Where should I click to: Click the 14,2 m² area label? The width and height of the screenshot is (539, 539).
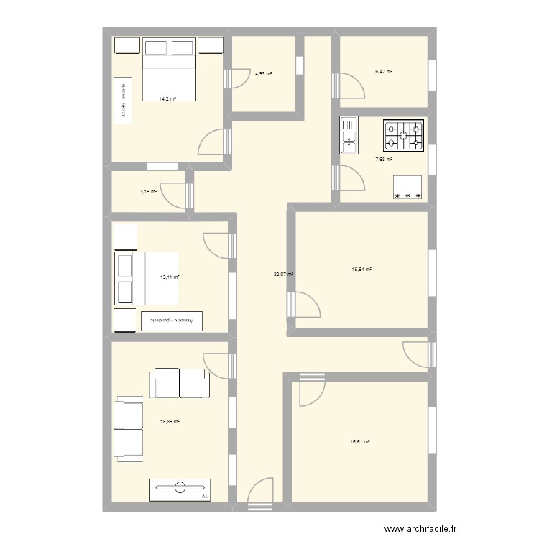click(x=167, y=99)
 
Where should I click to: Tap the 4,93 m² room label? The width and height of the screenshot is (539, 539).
click(x=264, y=74)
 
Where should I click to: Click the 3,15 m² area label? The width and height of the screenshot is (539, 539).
click(x=147, y=192)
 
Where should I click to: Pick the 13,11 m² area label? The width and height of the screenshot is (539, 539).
click(x=170, y=277)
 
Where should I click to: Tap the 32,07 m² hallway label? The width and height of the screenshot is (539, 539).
click(x=283, y=274)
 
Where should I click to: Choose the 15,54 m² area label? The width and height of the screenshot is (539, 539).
click(x=361, y=269)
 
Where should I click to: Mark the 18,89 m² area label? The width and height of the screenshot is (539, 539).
click(x=170, y=422)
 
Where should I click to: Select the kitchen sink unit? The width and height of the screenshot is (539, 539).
click(x=349, y=135)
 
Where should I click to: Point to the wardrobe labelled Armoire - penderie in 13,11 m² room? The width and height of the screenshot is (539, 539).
click(x=172, y=321)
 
